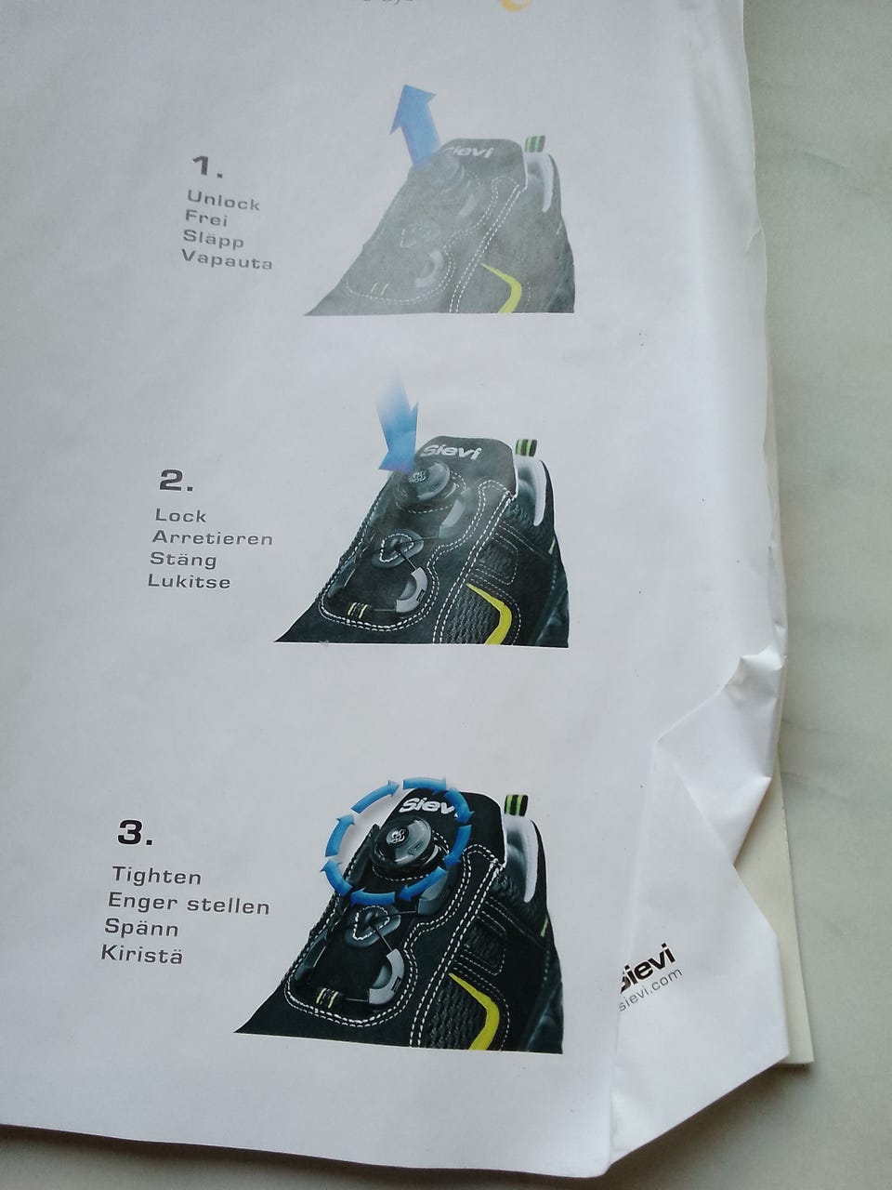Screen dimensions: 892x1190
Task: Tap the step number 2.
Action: (176, 481)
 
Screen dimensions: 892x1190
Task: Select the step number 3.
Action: (135, 834)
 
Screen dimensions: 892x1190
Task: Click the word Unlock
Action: (223, 200)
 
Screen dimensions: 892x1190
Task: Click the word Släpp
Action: (214, 239)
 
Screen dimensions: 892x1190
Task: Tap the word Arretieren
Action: (212, 538)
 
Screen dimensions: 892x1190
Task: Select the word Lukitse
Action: (189, 581)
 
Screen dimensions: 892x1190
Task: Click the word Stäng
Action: (183, 559)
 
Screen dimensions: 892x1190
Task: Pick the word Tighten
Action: (156, 877)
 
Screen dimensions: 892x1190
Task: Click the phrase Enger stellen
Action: (189, 903)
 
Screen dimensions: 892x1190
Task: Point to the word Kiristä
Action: (142, 954)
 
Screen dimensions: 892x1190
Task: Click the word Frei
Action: (206, 219)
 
